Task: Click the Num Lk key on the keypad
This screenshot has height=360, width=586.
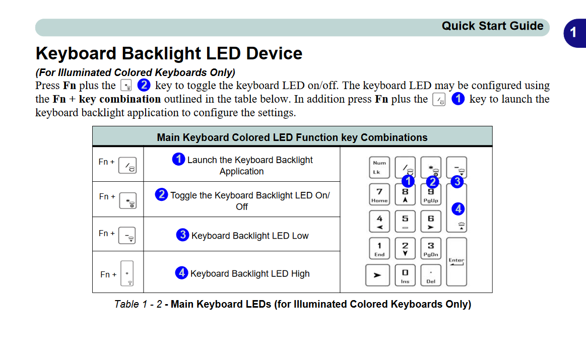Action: click(x=379, y=167)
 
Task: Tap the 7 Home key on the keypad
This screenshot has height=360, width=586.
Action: click(x=379, y=194)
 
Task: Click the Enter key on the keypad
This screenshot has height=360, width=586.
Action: click(x=457, y=261)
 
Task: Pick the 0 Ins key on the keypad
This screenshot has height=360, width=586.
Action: click(x=405, y=275)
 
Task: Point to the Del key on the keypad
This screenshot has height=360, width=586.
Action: click(x=430, y=275)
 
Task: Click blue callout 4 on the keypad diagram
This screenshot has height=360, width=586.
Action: click(x=458, y=208)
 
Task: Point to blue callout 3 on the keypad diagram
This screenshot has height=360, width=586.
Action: click(x=457, y=182)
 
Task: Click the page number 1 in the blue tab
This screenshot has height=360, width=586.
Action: click(x=573, y=33)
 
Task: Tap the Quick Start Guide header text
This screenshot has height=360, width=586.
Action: click(x=492, y=26)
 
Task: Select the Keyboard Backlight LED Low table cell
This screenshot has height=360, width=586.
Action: click(x=242, y=235)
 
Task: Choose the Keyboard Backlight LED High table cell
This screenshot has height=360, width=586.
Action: click(x=242, y=273)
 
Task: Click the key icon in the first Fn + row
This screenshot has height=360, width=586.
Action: click(x=127, y=165)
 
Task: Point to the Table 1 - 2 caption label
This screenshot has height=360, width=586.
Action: click(x=138, y=304)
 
